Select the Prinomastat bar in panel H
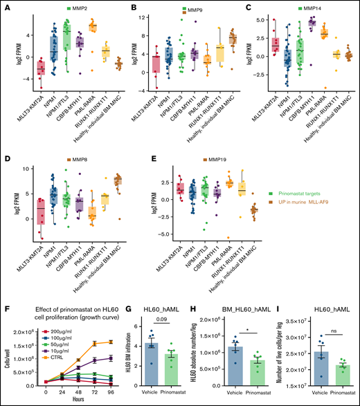pyautogui.click(x=258, y=371)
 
